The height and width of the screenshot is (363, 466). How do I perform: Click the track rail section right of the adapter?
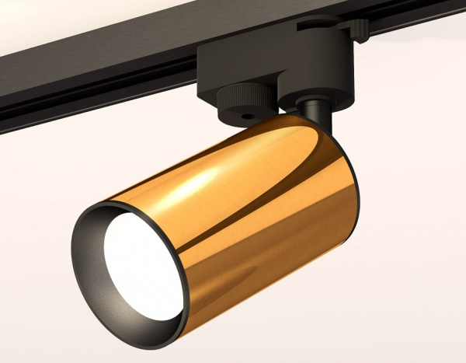coord(419,19)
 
